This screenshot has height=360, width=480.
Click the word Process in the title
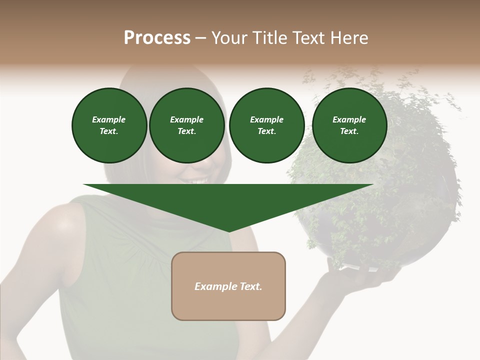click(x=157, y=38)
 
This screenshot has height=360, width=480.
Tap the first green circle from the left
click(x=109, y=125)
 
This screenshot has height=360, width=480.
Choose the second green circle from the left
click(x=186, y=125)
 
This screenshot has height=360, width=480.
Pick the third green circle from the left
click(x=266, y=125)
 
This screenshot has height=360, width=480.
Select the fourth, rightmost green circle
click(x=349, y=125)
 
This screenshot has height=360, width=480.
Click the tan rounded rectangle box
click(x=228, y=286)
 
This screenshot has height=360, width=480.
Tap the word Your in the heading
click(x=229, y=38)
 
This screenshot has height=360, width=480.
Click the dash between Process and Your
click(x=200, y=38)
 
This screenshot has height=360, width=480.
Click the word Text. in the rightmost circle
click(x=349, y=131)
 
